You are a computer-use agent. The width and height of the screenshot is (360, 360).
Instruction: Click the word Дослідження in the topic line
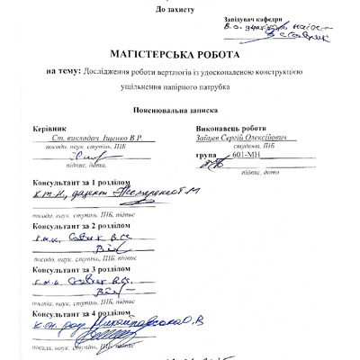click(105, 71)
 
